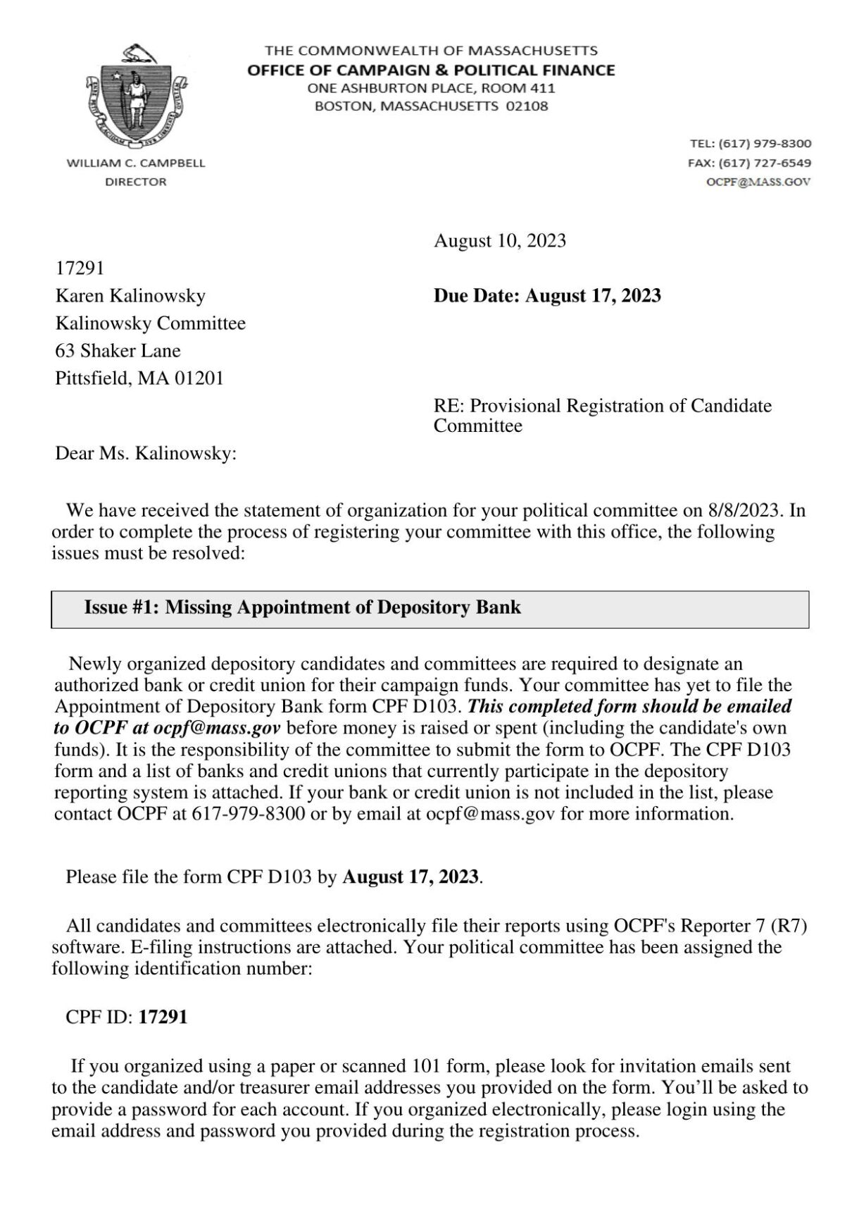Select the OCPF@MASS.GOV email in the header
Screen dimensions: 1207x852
758,182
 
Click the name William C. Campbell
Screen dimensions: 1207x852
136,163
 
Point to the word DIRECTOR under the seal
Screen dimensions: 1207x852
136,182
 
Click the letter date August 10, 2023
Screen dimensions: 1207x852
499,241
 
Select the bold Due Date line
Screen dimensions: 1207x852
547,295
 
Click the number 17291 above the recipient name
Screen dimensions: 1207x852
80,268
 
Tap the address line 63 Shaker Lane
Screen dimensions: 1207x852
118,351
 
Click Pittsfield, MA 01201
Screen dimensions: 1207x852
139,378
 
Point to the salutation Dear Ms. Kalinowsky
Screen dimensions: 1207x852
146,453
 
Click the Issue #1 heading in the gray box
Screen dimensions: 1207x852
303,607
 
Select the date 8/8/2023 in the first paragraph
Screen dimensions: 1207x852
743,510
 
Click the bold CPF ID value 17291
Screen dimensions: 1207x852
163,1017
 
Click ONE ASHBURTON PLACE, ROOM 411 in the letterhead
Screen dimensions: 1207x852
431,88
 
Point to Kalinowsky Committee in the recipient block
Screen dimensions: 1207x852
150,323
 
